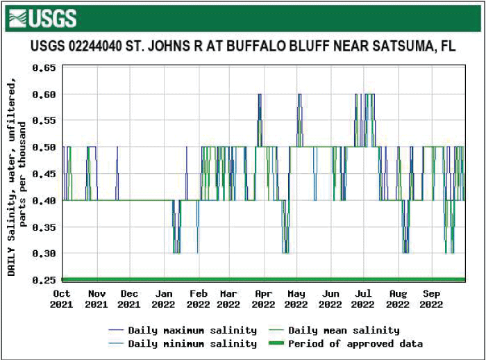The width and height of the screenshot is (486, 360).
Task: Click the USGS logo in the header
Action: [x=43, y=17]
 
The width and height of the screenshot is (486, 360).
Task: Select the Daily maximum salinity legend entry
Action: [x=182, y=330]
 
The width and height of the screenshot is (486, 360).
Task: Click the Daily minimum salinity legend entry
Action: [x=182, y=343]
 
